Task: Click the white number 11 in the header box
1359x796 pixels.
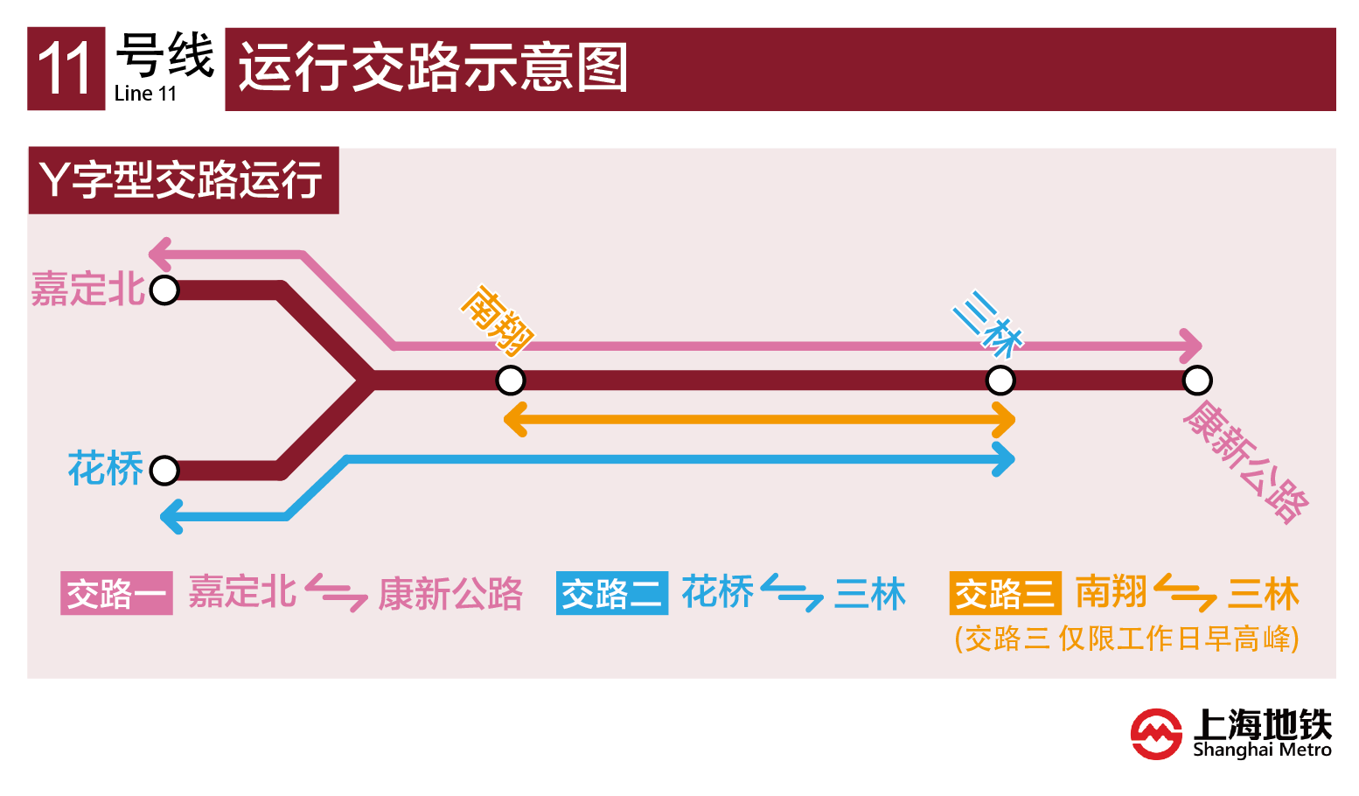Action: pos(66,69)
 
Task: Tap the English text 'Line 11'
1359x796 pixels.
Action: pos(145,94)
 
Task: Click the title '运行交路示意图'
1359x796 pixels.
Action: pos(433,68)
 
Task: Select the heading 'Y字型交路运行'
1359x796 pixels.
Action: pos(183,180)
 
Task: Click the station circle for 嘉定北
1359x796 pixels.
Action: pos(164,290)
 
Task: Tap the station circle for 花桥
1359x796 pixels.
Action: pos(164,471)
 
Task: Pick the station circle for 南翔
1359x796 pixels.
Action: pos(511,381)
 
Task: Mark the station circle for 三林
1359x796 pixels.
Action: pos(1000,381)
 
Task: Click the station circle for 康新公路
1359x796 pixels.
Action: pos(1197,381)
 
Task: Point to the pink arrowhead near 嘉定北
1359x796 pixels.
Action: pos(161,254)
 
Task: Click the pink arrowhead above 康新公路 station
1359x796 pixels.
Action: pos(1190,346)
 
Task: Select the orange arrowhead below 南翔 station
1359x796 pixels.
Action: pos(516,420)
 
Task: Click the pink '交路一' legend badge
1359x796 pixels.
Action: pos(116,594)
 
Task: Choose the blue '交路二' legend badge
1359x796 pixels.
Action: pos(611,594)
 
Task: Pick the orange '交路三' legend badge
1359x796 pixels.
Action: pos(1005,594)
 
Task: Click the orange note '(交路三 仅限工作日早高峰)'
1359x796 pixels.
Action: pos(1126,639)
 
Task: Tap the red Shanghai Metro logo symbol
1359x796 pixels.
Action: pos(1156,733)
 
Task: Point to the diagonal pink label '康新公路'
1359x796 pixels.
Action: pos(1245,461)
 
